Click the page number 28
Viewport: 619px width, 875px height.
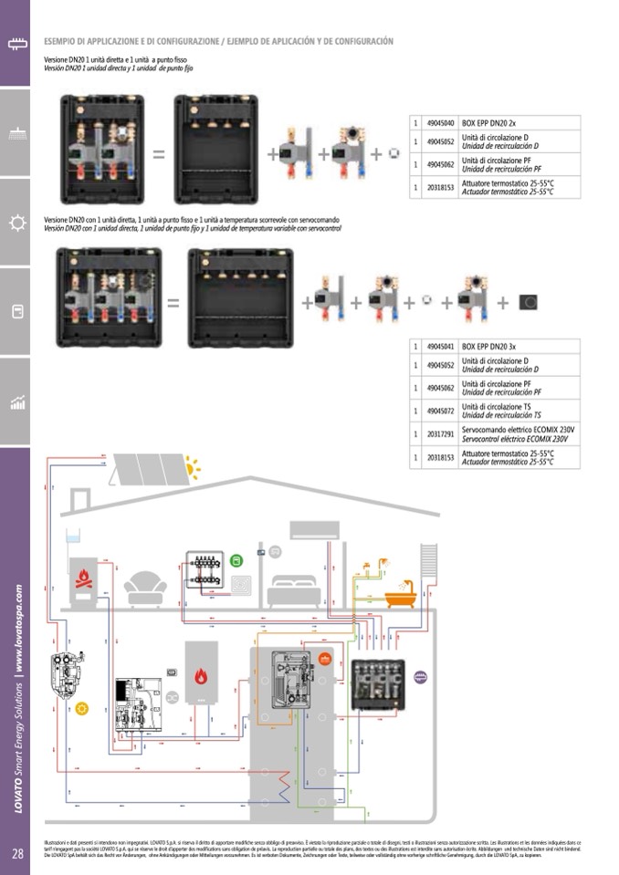point(17,854)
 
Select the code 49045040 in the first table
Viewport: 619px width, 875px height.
point(440,122)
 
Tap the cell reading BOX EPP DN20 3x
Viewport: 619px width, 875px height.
point(489,348)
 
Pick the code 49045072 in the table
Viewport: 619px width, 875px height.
point(440,411)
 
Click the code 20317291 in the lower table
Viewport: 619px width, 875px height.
point(440,434)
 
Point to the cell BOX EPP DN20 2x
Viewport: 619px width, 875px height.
point(489,122)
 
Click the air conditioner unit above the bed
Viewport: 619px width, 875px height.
point(312,529)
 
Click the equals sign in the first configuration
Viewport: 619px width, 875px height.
point(158,154)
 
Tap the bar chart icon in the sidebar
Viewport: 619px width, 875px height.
point(16,402)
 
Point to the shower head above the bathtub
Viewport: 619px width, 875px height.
point(386,561)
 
